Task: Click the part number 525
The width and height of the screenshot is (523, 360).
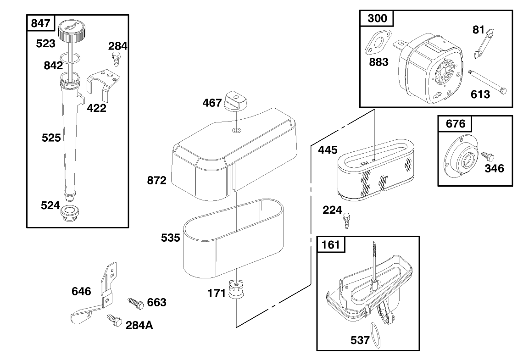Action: pyautogui.click(x=51, y=138)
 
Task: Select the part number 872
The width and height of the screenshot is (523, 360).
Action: pyautogui.click(x=157, y=181)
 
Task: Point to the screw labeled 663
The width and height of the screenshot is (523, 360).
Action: pyautogui.click(x=136, y=302)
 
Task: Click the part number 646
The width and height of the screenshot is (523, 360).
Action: pyautogui.click(x=81, y=291)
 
